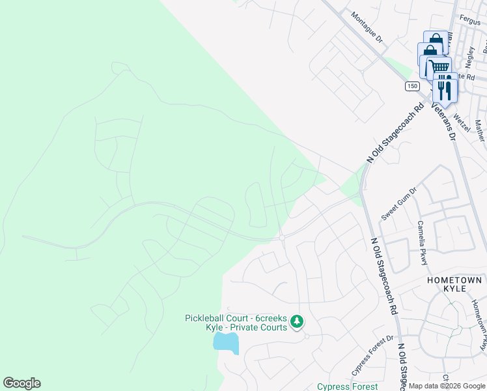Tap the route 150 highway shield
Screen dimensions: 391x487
411,86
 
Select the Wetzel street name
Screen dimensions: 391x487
461,122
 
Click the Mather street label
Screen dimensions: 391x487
480,130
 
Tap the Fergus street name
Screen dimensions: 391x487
469,21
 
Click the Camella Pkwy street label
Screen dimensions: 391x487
423,242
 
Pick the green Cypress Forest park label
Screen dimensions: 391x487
346,386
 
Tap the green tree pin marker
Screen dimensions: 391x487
297,321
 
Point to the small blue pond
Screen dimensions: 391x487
226,342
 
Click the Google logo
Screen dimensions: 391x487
21,383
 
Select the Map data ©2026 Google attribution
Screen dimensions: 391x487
447,386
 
